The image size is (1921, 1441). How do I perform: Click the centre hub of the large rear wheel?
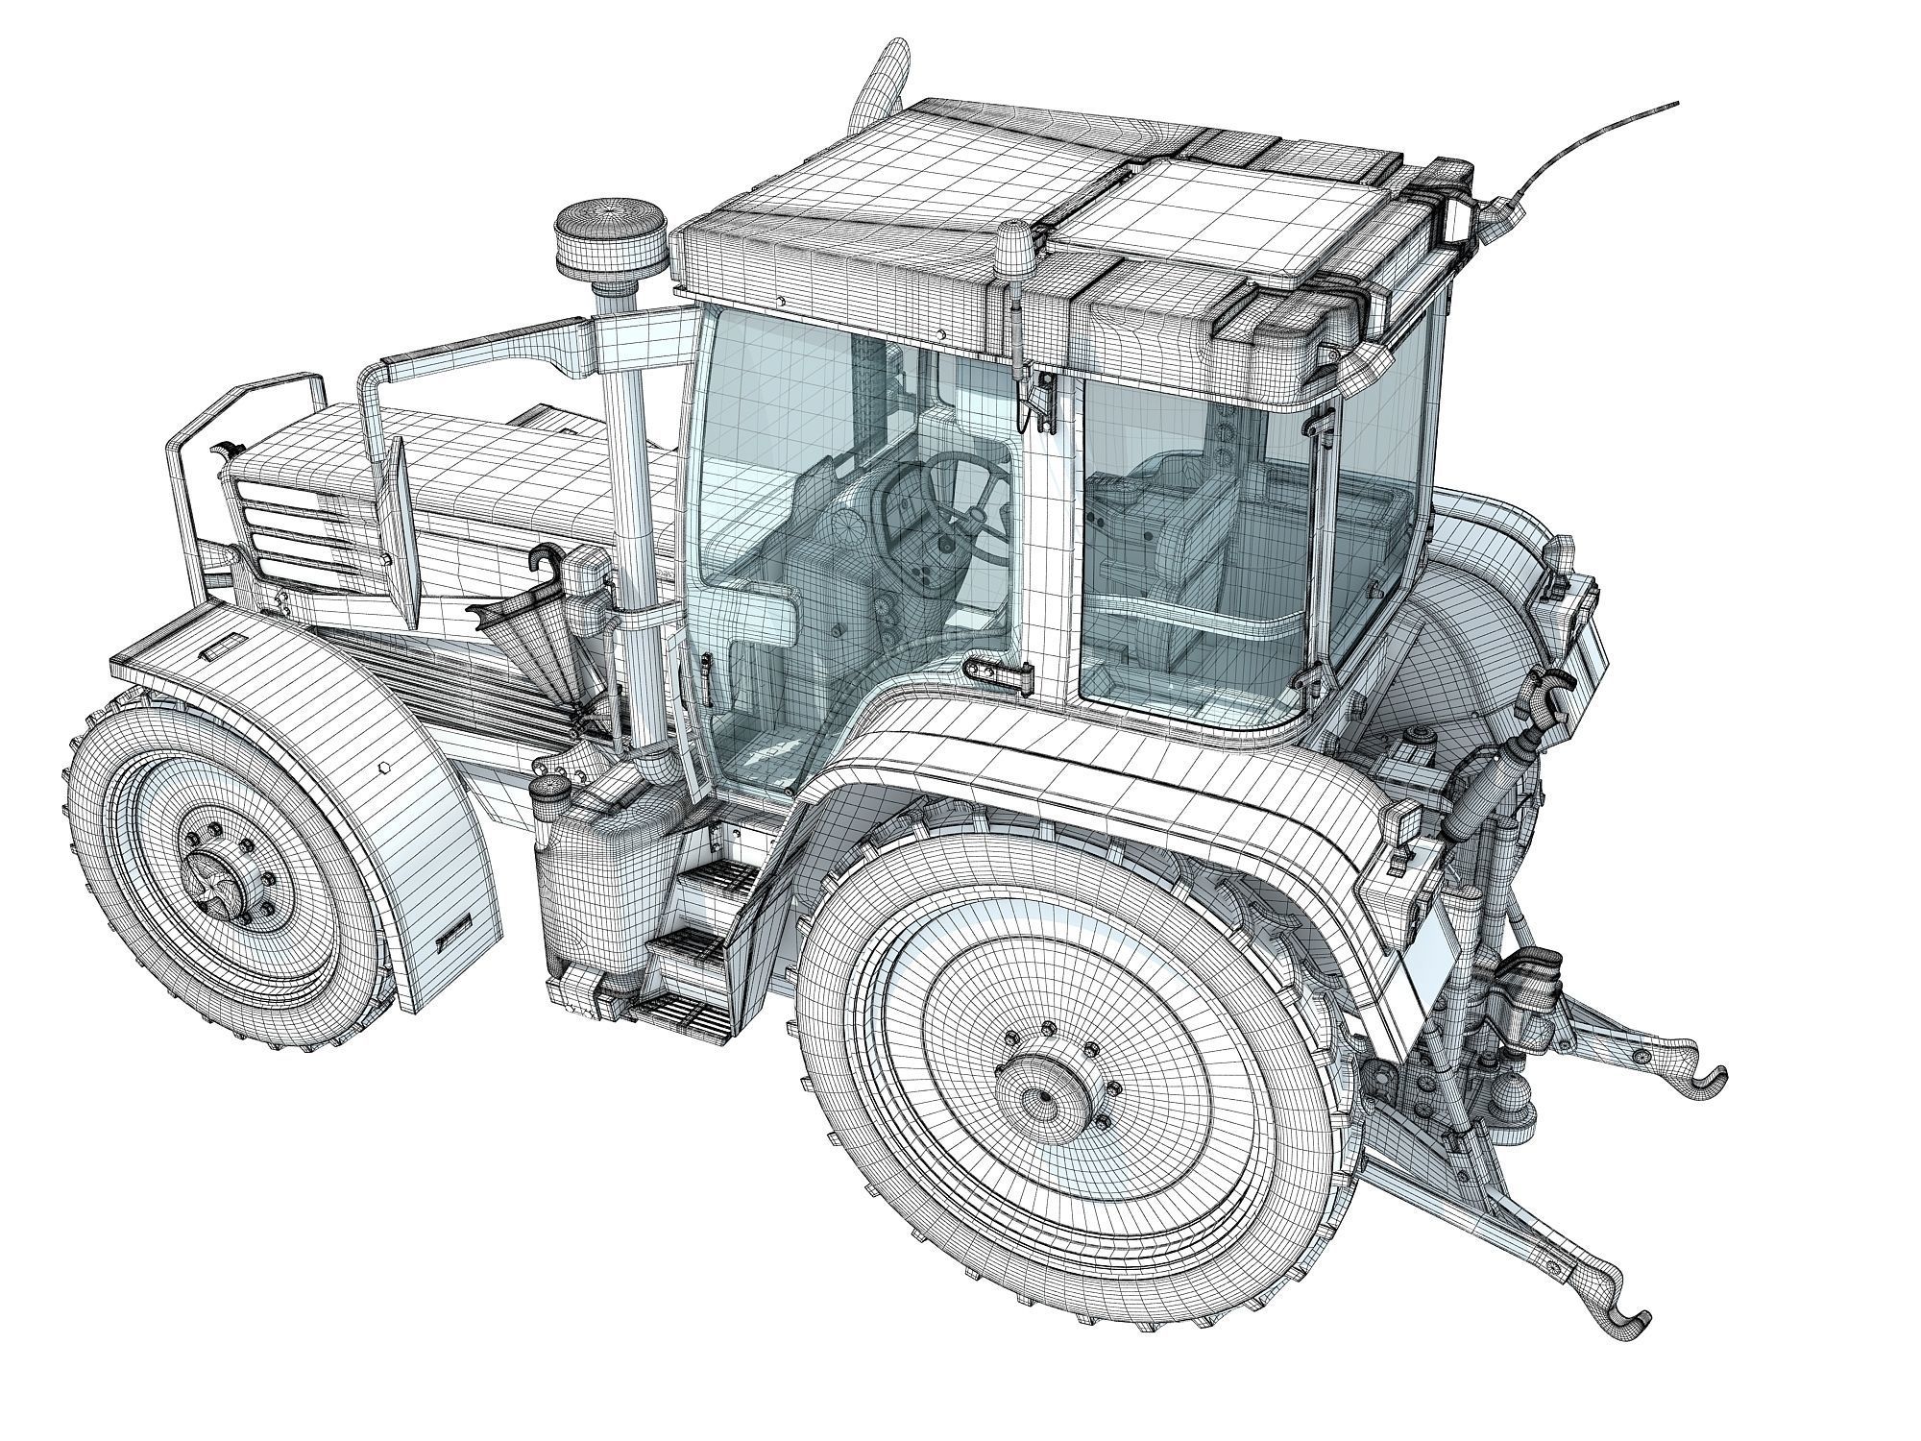coord(1040,1096)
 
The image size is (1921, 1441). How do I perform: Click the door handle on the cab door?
coord(995,670)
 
